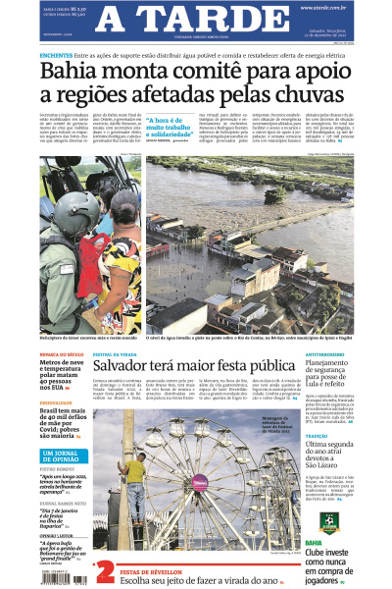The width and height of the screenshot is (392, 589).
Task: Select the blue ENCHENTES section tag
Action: coord(55,55)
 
